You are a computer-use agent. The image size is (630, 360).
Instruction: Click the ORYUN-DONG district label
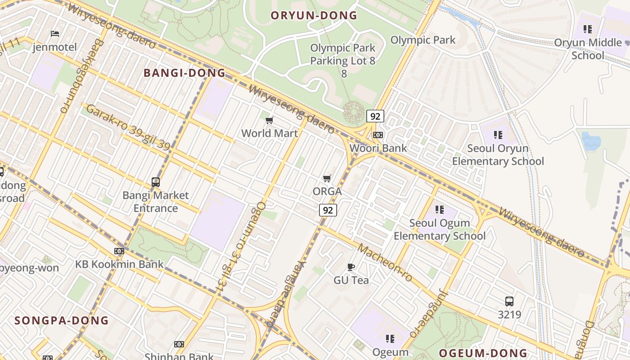tap(314, 16)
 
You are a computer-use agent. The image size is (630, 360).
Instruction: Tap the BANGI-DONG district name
tap(184, 73)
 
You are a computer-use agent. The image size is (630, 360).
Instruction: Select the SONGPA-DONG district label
tap(62, 320)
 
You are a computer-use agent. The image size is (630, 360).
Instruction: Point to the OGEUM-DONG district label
tap(483, 353)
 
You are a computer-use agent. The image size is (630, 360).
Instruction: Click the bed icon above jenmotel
tap(55, 34)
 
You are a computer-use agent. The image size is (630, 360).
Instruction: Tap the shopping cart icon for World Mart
tap(269, 120)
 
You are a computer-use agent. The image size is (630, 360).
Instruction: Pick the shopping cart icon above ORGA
tap(327, 178)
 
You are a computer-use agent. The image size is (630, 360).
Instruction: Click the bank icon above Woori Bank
tap(378, 135)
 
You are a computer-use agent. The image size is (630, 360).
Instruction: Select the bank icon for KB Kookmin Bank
tap(119, 251)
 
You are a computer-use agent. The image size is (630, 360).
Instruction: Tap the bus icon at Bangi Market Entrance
tap(156, 182)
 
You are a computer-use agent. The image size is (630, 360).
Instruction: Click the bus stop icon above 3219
tap(509, 301)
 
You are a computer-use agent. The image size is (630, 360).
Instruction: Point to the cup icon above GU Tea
tap(351, 267)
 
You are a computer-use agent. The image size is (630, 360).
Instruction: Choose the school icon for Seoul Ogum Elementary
tap(440, 210)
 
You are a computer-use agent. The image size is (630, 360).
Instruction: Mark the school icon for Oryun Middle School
tap(587, 29)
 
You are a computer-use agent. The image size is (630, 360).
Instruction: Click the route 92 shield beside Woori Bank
tap(375, 116)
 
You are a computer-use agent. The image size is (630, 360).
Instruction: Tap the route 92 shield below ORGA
tap(328, 210)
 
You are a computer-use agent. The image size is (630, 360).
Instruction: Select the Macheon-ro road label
tap(385, 263)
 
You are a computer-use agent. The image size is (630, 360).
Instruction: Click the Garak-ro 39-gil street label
tap(128, 127)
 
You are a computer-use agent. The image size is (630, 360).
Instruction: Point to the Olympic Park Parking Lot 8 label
tap(343, 54)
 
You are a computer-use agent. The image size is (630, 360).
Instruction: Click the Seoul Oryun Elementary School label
tap(498, 155)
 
